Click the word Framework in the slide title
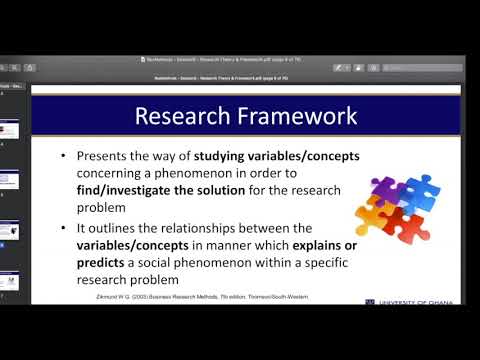[x=294, y=116]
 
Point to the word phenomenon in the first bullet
[x=211, y=174]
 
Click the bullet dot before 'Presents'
[x=65, y=157]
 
